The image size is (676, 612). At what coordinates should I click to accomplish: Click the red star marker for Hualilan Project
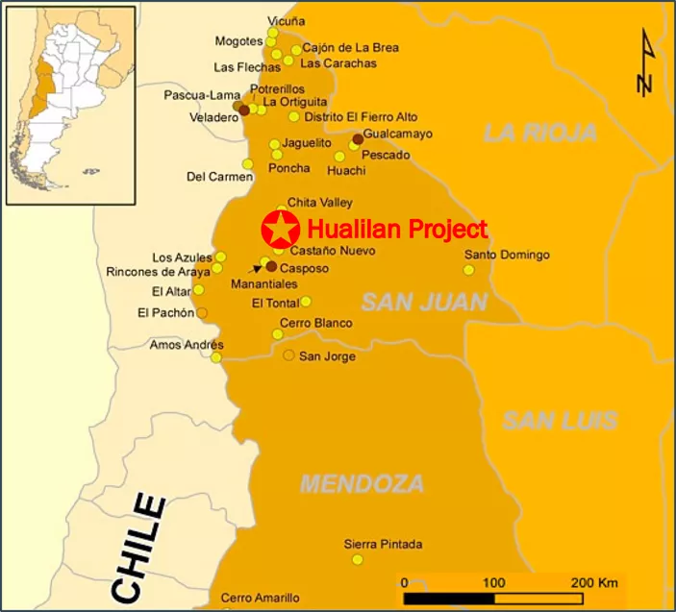tap(279, 231)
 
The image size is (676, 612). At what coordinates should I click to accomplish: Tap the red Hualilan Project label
tap(397, 230)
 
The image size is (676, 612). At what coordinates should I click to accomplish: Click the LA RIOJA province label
tap(539, 134)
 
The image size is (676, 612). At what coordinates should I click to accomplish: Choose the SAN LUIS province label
tap(560, 420)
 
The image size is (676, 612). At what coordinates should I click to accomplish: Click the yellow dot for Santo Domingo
tap(468, 270)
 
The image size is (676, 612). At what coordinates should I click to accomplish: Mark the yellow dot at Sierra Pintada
tap(358, 559)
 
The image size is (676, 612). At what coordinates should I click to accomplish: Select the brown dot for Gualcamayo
tap(358, 139)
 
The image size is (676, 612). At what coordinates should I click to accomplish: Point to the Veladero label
tap(214, 117)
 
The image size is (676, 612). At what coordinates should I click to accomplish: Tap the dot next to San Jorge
tap(288, 355)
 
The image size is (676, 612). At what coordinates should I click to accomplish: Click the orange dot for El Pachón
tap(202, 312)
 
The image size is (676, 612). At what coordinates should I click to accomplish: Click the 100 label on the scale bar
tap(494, 582)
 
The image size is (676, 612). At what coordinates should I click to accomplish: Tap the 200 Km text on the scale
tap(595, 582)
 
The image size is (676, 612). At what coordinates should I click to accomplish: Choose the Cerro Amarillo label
tap(260, 598)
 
